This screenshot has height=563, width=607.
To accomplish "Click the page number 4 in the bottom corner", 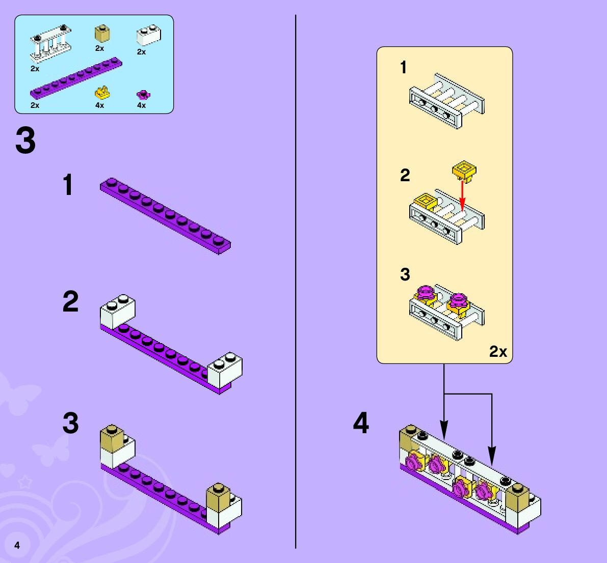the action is point(17,545).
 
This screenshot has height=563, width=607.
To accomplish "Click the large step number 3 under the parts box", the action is point(25,141).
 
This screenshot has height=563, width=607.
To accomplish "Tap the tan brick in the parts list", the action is point(101,34).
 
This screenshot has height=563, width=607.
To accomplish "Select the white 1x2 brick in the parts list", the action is point(148,36).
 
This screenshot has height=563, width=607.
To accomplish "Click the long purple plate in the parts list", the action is point(76,77).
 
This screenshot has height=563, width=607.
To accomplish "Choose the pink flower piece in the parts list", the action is point(144,94).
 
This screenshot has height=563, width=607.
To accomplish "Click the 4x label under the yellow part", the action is point(99,105).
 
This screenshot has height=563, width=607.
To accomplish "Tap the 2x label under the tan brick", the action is point(99,48).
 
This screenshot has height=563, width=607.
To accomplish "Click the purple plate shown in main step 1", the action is point(166,215).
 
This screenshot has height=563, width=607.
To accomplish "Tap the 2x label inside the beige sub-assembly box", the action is point(498,351).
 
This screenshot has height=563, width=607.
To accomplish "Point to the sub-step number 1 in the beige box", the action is point(404,67).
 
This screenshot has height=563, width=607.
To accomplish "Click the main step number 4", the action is point(361,424).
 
